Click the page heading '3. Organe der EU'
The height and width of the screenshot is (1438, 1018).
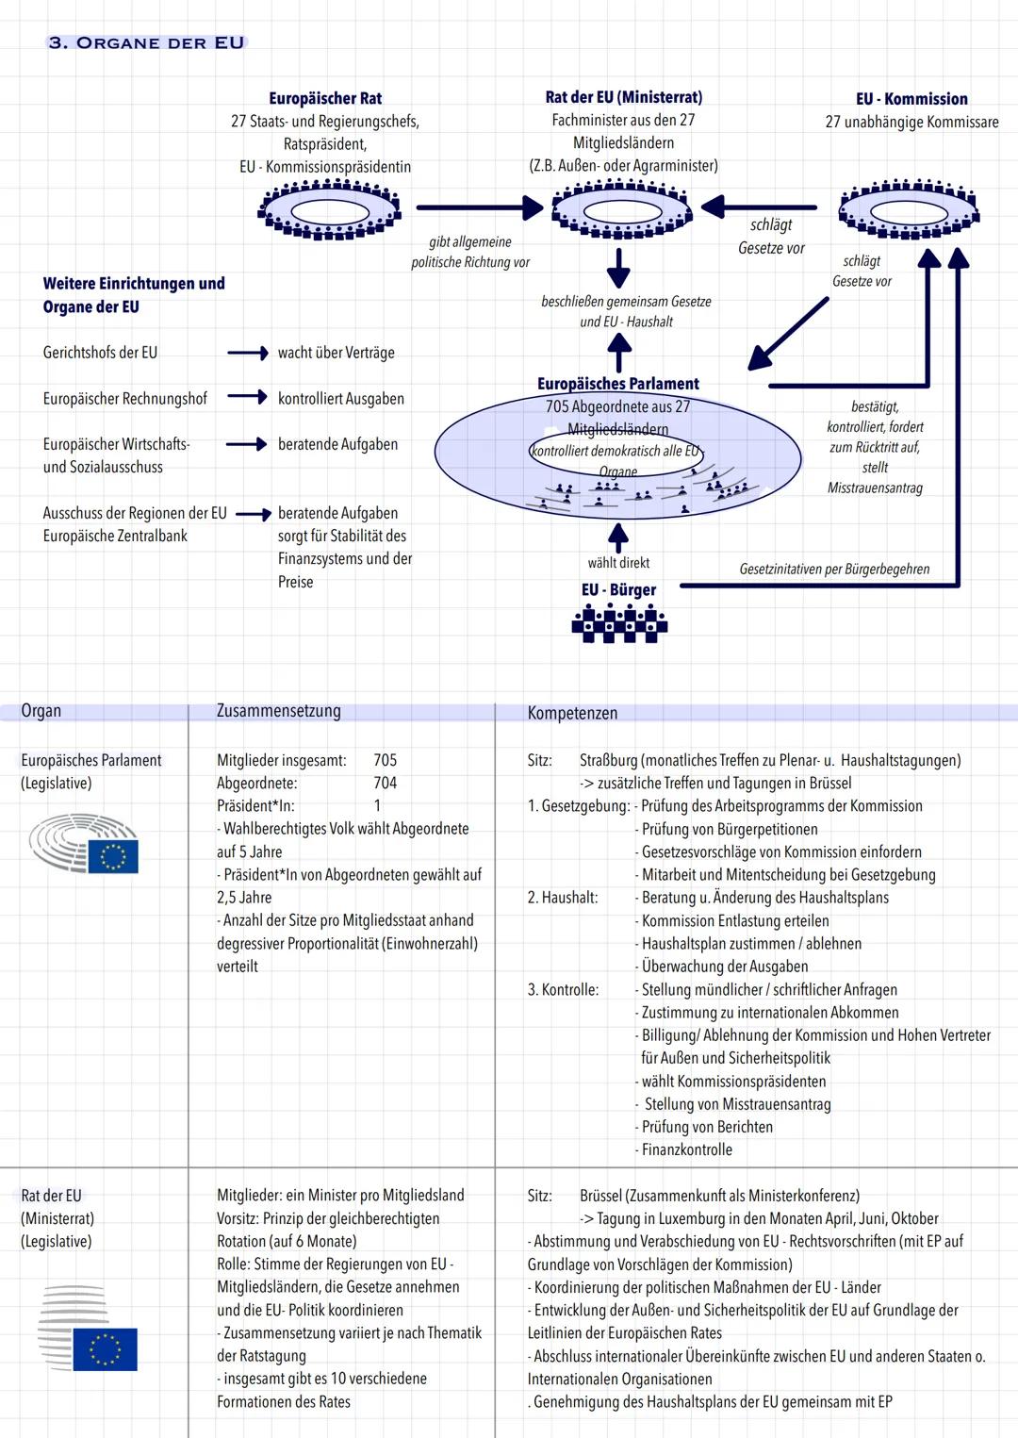click(146, 43)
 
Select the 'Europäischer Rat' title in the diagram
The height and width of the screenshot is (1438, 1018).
click(325, 98)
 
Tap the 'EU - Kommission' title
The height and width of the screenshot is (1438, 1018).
click(911, 99)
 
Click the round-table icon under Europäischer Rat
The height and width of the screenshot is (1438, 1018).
click(330, 207)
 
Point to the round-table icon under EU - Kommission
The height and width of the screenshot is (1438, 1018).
click(908, 208)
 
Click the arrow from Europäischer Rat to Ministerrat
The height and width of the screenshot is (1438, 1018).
click(479, 207)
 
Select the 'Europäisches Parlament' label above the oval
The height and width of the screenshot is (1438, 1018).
click(618, 384)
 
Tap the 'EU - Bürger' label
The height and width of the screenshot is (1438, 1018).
click(618, 590)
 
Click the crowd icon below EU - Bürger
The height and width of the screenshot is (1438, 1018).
click(619, 623)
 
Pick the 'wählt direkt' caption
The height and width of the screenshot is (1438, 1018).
click(618, 563)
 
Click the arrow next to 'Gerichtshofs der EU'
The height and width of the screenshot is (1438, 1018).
click(248, 353)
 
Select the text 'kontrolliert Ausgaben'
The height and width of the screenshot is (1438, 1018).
click(341, 399)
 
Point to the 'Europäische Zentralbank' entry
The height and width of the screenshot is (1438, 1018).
click(115, 536)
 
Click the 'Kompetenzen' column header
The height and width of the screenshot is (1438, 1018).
click(572, 714)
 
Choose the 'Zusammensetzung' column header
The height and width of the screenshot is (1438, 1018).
click(279, 711)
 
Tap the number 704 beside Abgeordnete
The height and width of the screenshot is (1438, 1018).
click(385, 783)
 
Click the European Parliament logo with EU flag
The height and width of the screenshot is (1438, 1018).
click(85, 844)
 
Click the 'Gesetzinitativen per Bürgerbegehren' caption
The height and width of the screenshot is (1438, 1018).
click(834, 570)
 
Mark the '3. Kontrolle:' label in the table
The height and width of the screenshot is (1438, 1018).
click(563, 990)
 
